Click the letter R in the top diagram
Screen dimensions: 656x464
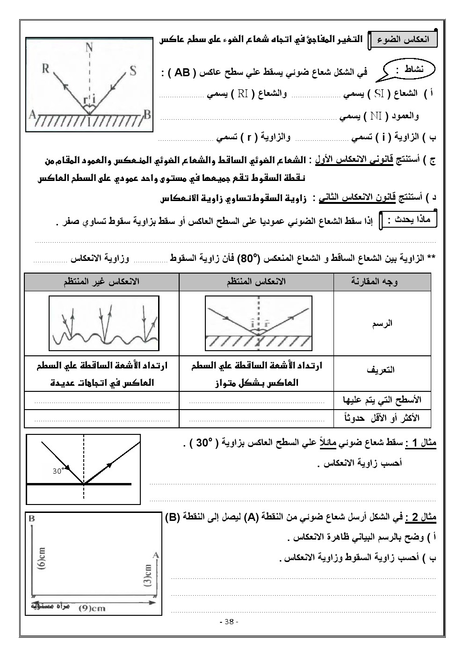pos(46,69)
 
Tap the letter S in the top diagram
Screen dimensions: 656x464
pos(133,71)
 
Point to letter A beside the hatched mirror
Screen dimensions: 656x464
pos(32,114)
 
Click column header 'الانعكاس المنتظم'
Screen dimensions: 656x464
pos(256,281)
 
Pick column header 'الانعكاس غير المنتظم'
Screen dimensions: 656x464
pos(101,281)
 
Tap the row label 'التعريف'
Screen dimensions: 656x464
pos(382,369)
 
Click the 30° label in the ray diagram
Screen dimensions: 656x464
pos(58,471)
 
